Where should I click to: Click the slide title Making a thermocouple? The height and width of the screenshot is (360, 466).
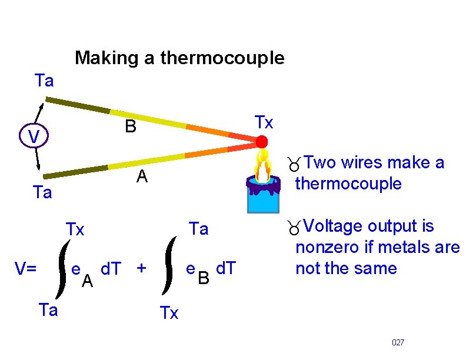point(179,58)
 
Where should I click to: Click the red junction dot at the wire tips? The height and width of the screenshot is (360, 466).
point(261,142)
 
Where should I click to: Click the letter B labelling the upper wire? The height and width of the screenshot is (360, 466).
point(130,126)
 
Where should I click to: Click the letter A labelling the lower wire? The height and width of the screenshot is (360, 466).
point(141,176)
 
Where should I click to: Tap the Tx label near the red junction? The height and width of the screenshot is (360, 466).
point(264,122)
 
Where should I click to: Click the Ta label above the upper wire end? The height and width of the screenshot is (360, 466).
point(44,81)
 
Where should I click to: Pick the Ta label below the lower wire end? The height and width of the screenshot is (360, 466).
point(42,192)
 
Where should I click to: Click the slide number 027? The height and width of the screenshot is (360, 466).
point(398,342)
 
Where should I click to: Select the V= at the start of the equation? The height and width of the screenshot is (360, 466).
point(26,269)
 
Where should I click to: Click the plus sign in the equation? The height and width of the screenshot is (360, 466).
point(141,269)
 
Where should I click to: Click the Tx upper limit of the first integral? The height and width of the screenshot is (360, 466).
point(75,229)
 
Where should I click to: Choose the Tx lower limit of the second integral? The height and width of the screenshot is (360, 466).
point(169,314)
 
